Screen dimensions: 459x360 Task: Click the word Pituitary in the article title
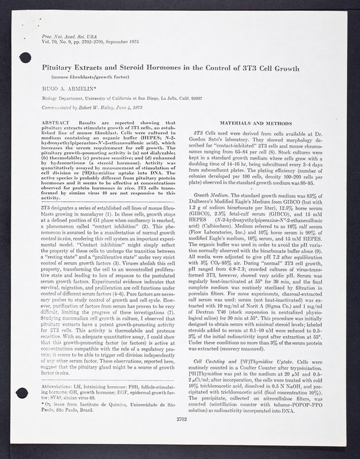(63, 68)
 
